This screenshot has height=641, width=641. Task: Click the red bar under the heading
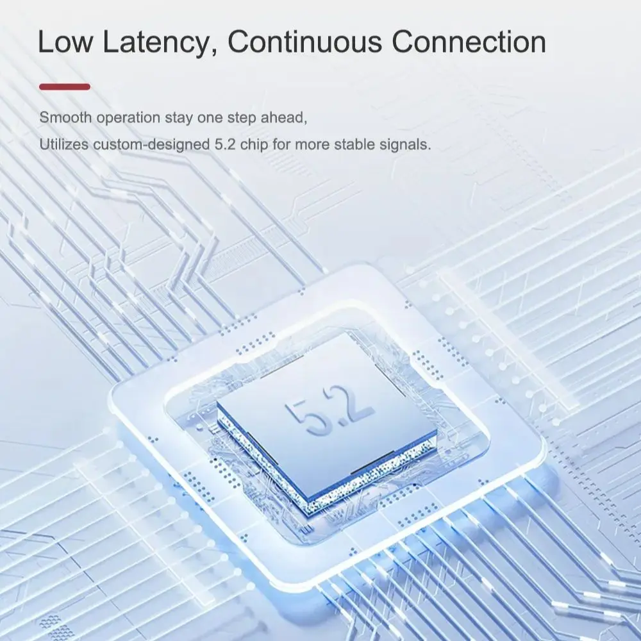pyautogui.click(x=65, y=87)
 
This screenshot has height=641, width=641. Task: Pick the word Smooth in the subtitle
pyautogui.click(x=65, y=118)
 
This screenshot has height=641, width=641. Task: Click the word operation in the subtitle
pyautogui.click(x=128, y=119)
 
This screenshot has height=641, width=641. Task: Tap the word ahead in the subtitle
pyautogui.click(x=284, y=118)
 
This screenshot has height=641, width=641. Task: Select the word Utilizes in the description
pyautogui.click(x=63, y=144)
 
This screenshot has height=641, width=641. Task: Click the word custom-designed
pyautogui.click(x=151, y=145)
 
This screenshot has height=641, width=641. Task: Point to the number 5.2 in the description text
pyautogui.click(x=225, y=144)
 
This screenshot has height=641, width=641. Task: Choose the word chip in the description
pyautogui.click(x=254, y=145)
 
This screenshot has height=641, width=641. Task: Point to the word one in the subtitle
pyautogui.click(x=210, y=118)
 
